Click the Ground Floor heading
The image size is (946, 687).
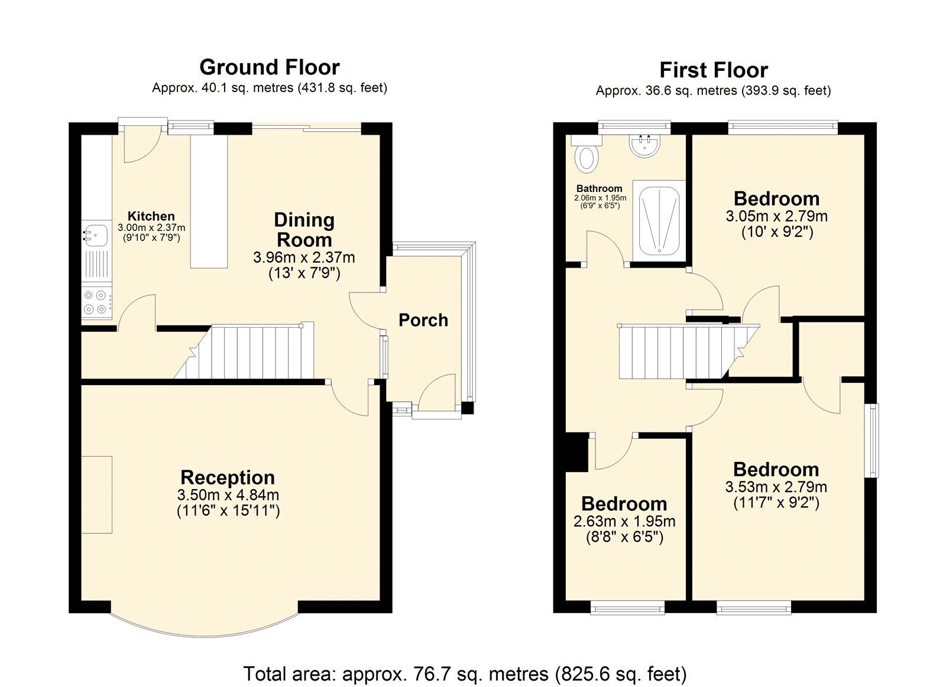[270, 67]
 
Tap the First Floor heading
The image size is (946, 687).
[714, 70]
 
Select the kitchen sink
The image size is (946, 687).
[95, 235]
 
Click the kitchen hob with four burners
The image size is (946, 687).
[96, 301]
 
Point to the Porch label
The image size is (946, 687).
[423, 320]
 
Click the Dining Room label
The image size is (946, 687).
[304, 230]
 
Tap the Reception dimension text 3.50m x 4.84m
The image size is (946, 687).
[228, 495]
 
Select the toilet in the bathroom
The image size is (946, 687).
[587, 156]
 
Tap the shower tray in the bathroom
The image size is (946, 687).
[659, 220]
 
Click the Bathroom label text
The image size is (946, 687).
[600, 188]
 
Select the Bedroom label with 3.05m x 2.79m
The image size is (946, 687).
[776, 199]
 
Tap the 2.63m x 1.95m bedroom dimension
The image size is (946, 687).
[624, 522]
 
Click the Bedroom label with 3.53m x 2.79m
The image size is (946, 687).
[776, 470]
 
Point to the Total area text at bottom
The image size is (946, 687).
[465, 673]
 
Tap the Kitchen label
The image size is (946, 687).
[151, 216]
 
